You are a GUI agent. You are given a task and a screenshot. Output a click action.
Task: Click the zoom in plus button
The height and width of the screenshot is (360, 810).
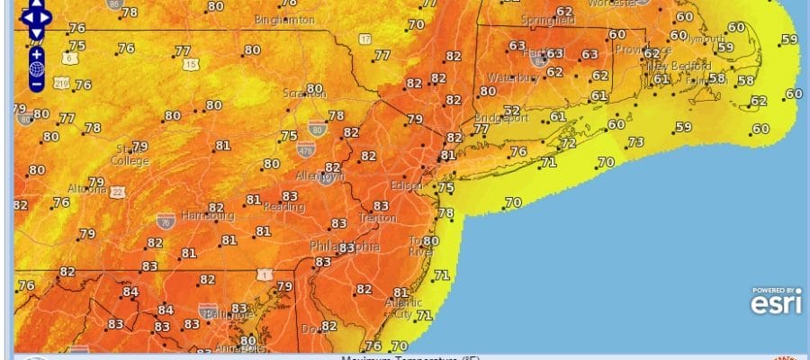coord(36,52)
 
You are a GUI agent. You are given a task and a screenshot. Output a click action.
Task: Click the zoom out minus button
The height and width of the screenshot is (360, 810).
coord(36,84)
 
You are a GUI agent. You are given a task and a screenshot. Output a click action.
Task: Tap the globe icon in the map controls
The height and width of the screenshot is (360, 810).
coord(36,68)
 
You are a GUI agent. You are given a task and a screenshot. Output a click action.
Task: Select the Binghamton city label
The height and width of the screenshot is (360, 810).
coord(285,19)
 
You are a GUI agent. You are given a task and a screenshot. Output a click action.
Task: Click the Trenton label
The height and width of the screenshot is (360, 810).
coord(378,219)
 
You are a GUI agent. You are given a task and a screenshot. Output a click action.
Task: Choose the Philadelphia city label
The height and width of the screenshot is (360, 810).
coord(344,246)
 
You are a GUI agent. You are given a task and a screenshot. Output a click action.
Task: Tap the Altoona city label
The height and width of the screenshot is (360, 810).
coord(86,189)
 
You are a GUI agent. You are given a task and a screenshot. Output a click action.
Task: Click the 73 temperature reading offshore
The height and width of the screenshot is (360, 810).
coord(636,142)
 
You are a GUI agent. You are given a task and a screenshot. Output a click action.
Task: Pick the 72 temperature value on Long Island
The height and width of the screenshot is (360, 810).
coord(568,143)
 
